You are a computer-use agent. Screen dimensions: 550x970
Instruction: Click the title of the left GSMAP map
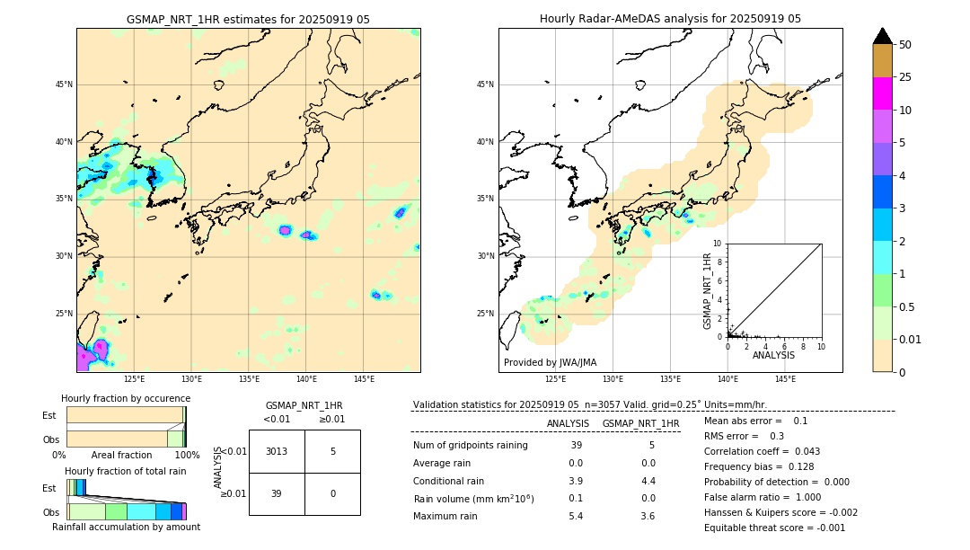248,19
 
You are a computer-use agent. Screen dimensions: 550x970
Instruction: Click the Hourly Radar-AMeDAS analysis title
670,19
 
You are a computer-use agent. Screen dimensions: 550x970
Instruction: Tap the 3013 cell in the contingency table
277,451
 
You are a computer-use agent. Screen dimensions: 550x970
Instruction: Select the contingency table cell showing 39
277,493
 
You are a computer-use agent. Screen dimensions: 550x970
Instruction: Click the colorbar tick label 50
905,45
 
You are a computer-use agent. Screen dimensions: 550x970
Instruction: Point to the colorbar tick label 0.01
911,339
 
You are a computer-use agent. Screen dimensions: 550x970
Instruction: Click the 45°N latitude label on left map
64,84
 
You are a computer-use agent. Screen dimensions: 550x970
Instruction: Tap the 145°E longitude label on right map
785,379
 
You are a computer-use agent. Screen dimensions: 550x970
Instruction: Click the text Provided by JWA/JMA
550,362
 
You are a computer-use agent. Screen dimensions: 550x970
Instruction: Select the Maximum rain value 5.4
575,516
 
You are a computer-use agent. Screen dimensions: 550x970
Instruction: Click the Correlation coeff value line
762,451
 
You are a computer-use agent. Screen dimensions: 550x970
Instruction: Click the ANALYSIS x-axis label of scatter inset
773,355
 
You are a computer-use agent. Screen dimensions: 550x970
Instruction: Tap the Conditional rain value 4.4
648,481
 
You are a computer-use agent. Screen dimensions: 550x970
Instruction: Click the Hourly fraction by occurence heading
126,398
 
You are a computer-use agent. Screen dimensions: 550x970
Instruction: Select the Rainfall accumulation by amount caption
126,527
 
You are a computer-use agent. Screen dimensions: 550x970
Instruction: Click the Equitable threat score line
774,528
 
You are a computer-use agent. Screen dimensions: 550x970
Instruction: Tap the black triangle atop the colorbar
883,36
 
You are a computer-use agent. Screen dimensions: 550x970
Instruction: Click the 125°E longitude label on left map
135,379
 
